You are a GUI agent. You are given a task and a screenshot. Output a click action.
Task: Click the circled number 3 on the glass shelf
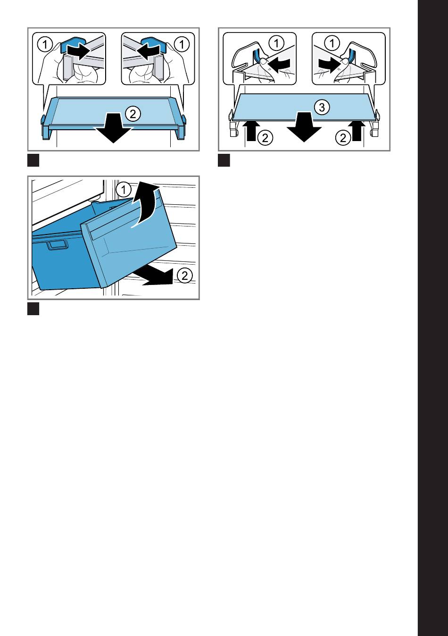322,107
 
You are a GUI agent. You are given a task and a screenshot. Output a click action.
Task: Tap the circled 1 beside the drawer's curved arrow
124,190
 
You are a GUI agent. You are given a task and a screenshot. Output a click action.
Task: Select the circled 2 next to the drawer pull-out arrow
185,276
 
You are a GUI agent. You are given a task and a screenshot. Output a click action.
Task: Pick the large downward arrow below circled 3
304,127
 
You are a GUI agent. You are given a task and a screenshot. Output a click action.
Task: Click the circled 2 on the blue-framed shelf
133,114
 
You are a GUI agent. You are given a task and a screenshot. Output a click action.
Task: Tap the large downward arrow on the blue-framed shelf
114,128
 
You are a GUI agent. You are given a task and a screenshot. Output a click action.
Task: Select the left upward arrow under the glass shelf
251,130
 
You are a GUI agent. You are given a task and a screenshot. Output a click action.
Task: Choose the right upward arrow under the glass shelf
357,130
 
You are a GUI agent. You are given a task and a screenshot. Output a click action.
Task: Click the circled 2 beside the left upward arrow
265,138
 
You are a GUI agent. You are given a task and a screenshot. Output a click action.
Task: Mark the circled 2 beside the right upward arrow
343,138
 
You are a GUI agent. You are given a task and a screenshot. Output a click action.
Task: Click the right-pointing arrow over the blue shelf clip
78,51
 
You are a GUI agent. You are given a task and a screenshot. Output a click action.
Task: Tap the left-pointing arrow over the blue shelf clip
149,51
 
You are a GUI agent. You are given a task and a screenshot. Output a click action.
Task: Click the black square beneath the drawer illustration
33,309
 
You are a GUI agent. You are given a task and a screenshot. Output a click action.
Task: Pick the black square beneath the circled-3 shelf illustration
224,160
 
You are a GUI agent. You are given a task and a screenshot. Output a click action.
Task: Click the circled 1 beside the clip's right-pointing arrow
45,44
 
